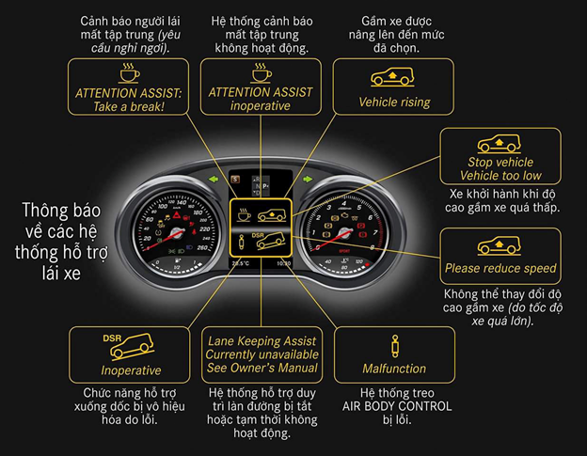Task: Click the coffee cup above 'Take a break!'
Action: pyautogui.click(x=129, y=72)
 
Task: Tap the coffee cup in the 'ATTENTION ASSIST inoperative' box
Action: pyautogui.click(x=262, y=72)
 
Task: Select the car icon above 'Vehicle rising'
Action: pyautogui.click(x=392, y=77)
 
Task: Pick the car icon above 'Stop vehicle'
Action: pyautogui.click(x=499, y=144)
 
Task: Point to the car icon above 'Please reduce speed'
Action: pyautogui.click(x=499, y=245)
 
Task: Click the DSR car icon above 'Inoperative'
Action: pyautogui.click(x=128, y=346)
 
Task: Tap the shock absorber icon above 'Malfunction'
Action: pyautogui.click(x=394, y=346)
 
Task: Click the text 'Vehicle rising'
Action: pyautogui.click(x=394, y=102)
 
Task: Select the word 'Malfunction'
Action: pyautogui.click(x=394, y=369)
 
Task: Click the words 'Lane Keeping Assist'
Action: pyautogui.click(x=262, y=341)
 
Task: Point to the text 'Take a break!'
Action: pyautogui.click(x=129, y=107)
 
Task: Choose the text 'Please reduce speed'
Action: pyautogui.click(x=500, y=268)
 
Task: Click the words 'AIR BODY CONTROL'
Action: pyautogui.click(x=397, y=406)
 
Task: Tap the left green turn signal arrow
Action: pyautogui.click(x=214, y=180)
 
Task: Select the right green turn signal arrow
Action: pyautogui.click(x=308, y=180)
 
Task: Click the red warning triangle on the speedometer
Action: pyautogui.click(x=176, y=215)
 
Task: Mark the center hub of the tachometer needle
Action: pyautogui.click(x=344, y=234)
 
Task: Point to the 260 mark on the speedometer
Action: pyautogui.click(x=201, y=247)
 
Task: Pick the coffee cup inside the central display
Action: pyautogui.click(x=244, y=214)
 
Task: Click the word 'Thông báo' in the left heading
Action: pyautogui.click(x=61, y=211)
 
